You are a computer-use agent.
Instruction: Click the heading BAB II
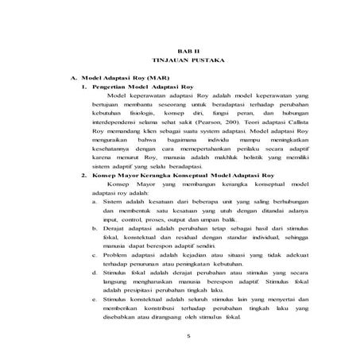(x=184, y=50)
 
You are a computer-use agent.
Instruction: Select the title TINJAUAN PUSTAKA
(x=184, y=61)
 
